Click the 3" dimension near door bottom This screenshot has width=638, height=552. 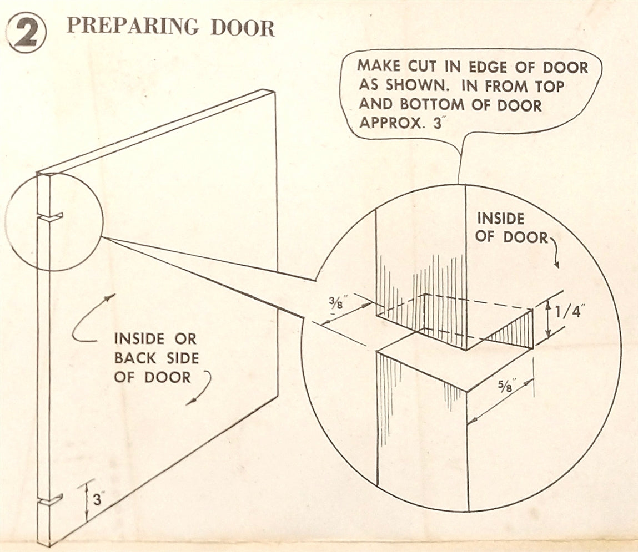tap(98, 500)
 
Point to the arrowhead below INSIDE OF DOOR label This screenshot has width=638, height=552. tap(557, 265)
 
